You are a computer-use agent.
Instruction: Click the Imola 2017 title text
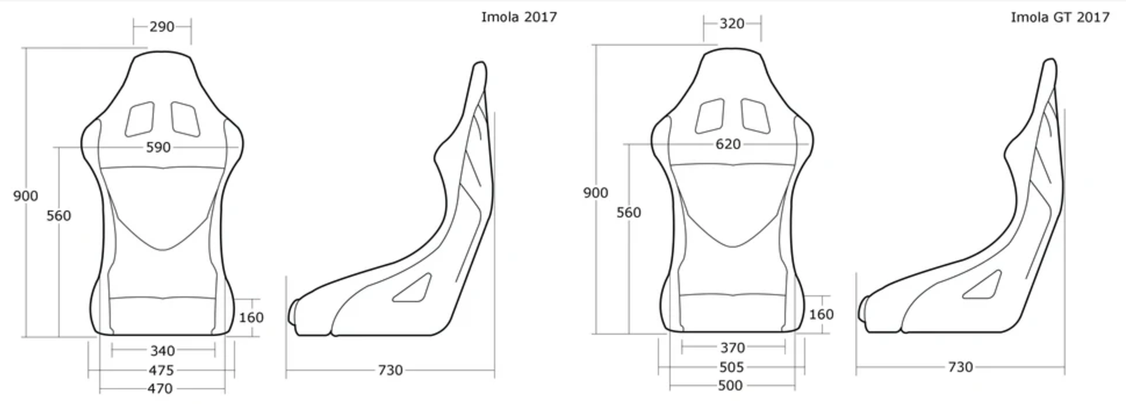tap(519, 17)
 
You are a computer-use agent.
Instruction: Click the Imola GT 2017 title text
tap(1059, 17)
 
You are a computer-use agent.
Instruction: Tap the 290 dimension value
tap(161, 26)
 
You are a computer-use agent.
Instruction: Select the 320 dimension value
tap(731, 24)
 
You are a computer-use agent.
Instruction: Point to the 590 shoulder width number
tap(158, 147)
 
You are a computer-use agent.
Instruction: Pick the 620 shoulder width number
tap(728, 144)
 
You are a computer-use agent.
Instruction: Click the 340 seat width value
tap(162, 351)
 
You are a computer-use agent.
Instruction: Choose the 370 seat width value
tap(732, 348)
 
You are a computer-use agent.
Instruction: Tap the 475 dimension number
tap(160, 371)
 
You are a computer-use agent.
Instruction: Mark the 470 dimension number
tap(160, 389)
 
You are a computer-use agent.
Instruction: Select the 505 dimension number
tap(730, 367)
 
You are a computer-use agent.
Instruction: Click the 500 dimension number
tap(730, 385)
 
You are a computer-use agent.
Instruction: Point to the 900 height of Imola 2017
tap(26, 197)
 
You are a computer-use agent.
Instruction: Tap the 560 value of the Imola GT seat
tap(628, 212)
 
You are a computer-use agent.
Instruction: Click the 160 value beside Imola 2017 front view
tap(251, 317)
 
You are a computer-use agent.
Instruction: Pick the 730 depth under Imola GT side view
tap(960, 367)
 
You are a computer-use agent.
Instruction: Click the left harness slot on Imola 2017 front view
tap(140, 118)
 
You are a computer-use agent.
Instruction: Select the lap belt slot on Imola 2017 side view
tap(413, 287)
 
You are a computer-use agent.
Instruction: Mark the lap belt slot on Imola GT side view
tap(982, 284)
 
